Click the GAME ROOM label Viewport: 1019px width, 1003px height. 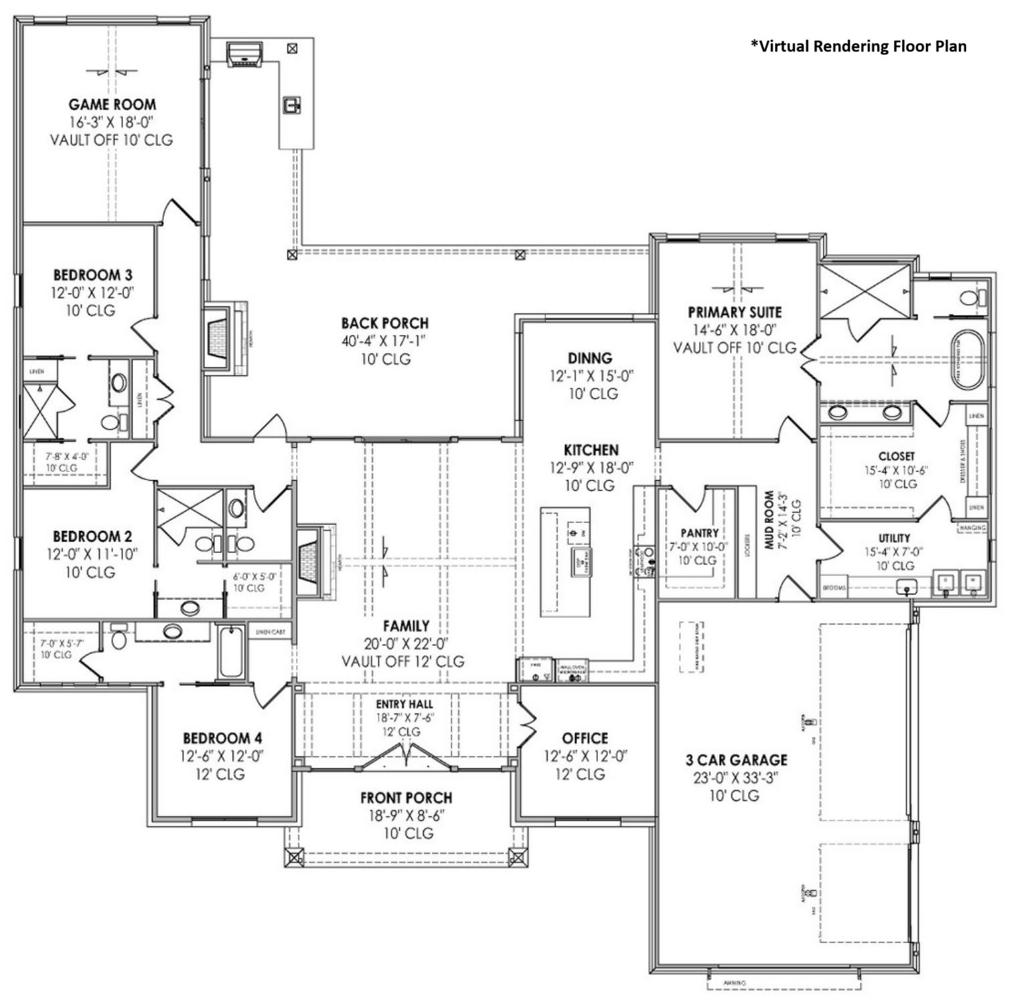coord(112,104)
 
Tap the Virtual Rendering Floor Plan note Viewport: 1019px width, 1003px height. coord(858,46)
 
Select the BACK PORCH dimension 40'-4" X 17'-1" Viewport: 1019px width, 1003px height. coord(384,341)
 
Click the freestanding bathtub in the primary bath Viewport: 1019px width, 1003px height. coord(968,359)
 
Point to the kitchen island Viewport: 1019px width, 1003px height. coord(565,562)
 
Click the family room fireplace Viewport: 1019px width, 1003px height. coord(310,560)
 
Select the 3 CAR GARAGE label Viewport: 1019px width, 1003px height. coord(736,760)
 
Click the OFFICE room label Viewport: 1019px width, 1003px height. coord(585,738)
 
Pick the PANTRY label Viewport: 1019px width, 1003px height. coord(699,533)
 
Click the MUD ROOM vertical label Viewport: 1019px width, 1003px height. coord(770,520)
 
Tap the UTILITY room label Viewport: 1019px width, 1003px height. coord(894,538)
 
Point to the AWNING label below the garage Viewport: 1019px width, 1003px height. coord(734,983)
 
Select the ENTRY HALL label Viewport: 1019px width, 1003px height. coord(404,704)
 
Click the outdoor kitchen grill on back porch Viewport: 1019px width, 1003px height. coord(244,54)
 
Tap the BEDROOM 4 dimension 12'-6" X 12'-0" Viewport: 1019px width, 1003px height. coord(222,756)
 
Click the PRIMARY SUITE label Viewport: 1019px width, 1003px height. coord(734,312)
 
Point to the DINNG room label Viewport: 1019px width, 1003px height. coord(590,358)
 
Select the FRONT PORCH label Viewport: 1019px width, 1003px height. coord(406,798)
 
